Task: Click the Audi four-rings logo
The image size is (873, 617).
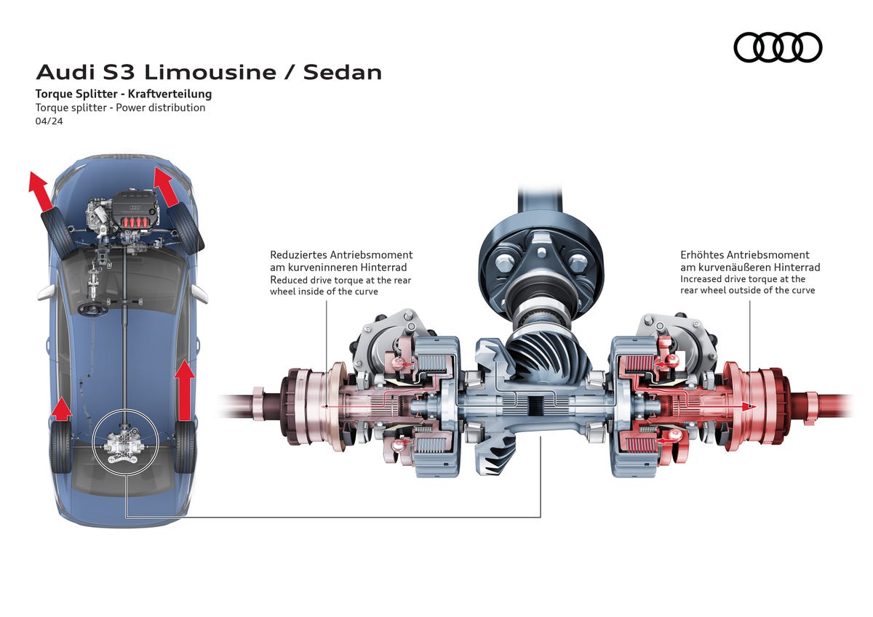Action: tap(777, 47)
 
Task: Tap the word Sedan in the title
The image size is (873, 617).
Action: tap(342, 73)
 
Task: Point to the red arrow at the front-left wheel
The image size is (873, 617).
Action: tap(41, 192)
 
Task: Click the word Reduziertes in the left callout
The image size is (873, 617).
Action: tap(299, 255)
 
